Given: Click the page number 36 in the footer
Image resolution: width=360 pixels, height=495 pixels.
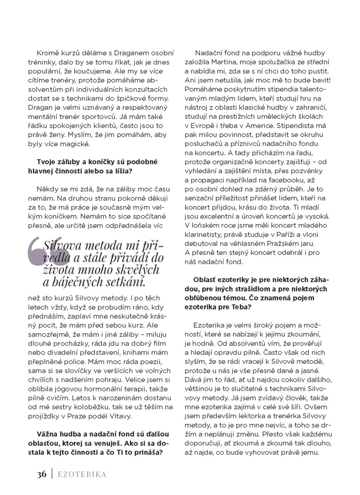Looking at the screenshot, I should (41, 474).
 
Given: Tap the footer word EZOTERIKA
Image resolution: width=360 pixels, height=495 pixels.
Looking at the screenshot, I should (82, 474).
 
